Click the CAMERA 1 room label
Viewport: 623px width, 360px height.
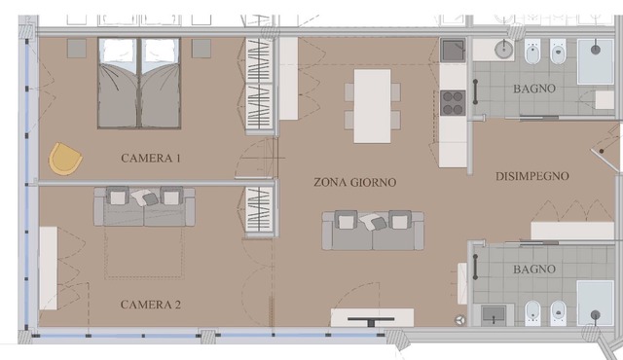(151, 158)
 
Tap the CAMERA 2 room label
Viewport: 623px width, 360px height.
(151, 305)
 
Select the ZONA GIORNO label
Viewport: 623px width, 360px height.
(354, 182)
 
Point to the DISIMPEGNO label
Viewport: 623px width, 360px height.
(532, 176)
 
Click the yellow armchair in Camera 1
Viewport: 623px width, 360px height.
(65, 159)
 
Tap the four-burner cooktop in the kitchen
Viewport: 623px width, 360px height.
(453, 103)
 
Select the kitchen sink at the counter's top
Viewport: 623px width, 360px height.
(453, 50)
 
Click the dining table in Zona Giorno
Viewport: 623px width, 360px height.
(372, 106)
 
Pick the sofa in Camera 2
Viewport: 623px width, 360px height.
(144, 206)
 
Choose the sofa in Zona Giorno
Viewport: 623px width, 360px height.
(373, 231)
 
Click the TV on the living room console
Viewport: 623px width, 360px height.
(371, 320)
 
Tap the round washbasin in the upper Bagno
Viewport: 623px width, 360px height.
(504, 50)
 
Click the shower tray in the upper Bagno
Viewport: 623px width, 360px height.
(595, 61)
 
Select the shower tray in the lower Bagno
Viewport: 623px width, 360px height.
(595, 304)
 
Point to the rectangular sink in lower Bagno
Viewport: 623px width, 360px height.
(494, 315)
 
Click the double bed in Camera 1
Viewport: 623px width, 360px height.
(139, 84)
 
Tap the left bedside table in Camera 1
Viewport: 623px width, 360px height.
(77, 49)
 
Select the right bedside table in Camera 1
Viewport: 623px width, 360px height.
(202, 49)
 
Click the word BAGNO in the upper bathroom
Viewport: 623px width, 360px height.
(534, 89)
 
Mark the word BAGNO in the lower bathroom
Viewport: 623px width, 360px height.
(534, 270)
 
